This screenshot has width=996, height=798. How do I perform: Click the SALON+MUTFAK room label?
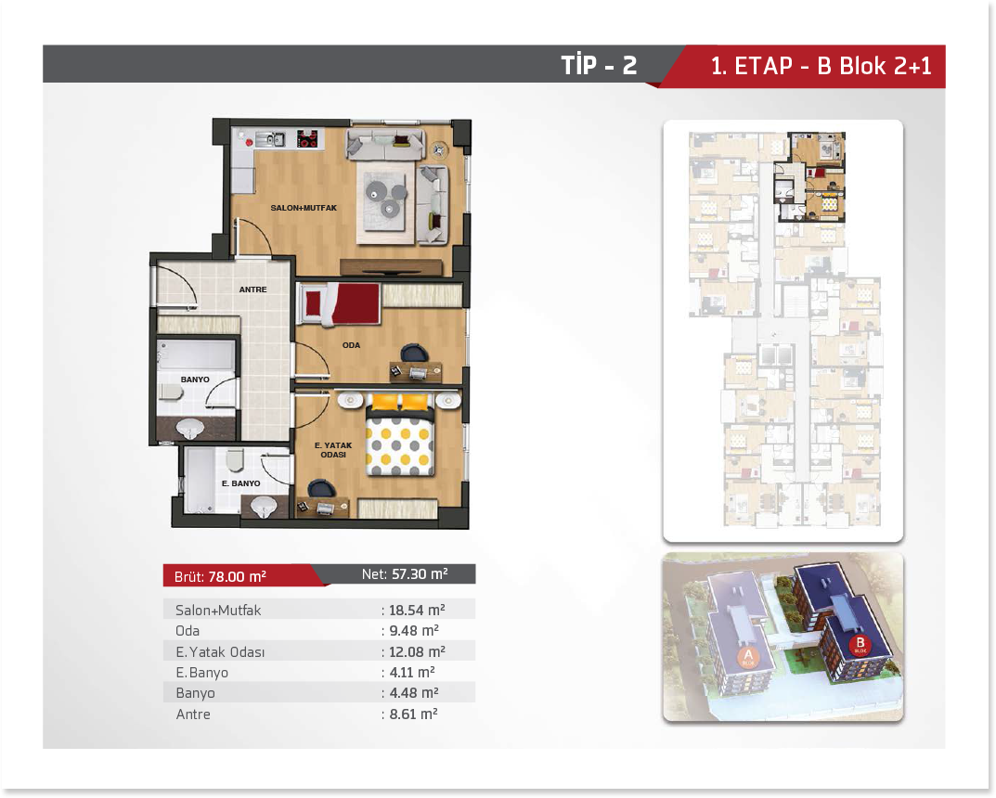pos(304,208)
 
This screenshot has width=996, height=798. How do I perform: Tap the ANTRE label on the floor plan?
pos(252,290)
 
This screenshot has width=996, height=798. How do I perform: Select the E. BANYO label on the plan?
pos(240,483)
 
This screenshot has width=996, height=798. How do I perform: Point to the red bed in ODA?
pos(340,304)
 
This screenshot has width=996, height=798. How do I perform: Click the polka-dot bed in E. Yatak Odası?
pos(399,437)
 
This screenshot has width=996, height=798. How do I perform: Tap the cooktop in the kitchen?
pos(307,138)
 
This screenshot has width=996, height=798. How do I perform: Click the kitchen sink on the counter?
pos(271,139)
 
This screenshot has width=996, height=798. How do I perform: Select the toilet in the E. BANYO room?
pos(235,459)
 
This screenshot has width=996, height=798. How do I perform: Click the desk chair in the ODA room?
pos(413,352)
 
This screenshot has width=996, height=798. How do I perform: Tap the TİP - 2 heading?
pos(599,65)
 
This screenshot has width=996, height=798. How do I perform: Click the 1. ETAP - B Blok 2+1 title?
pos(821,65)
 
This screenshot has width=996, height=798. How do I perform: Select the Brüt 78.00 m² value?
pos(220,576)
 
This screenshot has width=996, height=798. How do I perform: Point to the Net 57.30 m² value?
pos(405,573)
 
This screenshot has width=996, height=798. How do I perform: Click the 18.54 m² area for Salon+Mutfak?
pos(417,610)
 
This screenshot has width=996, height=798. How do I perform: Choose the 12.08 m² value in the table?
pos(417,652)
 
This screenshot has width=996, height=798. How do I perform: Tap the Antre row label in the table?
pos(193,714)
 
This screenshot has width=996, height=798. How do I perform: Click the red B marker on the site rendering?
pos(860,646)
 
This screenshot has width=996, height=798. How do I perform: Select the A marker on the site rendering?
pos(748,657)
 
